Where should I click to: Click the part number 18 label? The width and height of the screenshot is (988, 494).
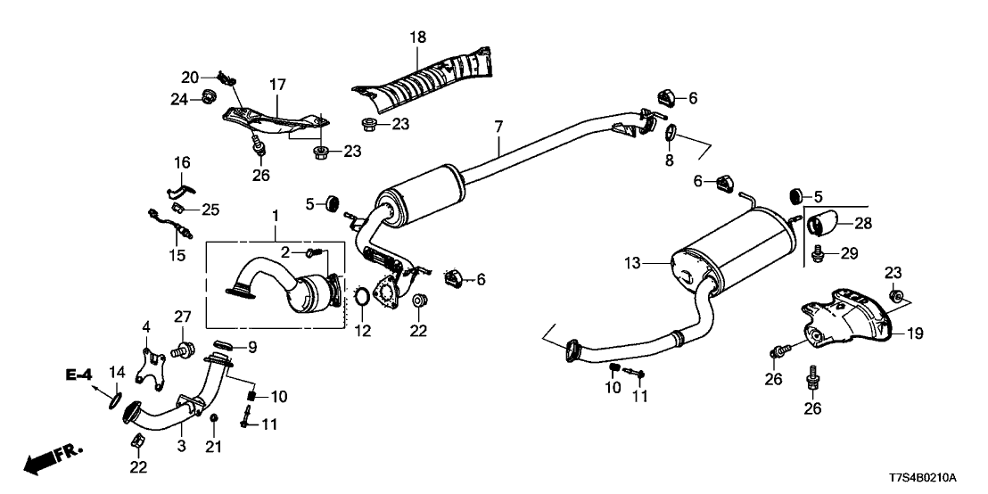coord(418,37)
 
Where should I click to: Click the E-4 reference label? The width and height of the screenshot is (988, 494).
coord(78,376)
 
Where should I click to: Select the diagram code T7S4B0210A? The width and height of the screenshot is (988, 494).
coord(933,478)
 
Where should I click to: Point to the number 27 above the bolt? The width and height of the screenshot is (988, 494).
coord(182,316)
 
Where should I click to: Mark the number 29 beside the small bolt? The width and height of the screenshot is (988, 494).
coord(848,254)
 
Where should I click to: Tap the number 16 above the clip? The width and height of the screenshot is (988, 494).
coord(182,163)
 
